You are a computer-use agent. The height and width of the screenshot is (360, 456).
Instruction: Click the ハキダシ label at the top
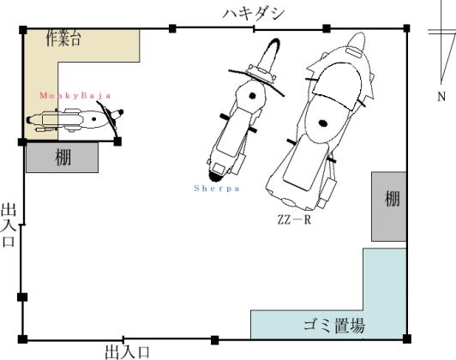pyautogui.click(x=254, y=14)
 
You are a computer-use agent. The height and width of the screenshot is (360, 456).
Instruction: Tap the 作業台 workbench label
pyautogui.click(x=63, y=38)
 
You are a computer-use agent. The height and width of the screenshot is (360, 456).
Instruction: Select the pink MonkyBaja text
pyautogui.click(x=75, y=96)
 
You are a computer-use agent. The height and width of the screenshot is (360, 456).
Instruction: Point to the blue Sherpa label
pyautogui.click(x=217, y=189)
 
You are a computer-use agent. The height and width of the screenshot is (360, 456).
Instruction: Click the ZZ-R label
pyautogui.click(x=294, y=219)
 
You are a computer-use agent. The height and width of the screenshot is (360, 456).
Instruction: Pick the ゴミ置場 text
pyautogui.click(x=334, y=326)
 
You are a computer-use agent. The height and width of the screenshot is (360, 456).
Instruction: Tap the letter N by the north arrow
pyautogui.click(x=441, y=96)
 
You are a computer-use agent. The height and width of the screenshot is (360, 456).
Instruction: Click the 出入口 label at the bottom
pyautogui.click(x=127, y=352)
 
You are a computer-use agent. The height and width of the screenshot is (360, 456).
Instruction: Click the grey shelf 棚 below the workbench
pyautogui.click(x=62, y=158)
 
